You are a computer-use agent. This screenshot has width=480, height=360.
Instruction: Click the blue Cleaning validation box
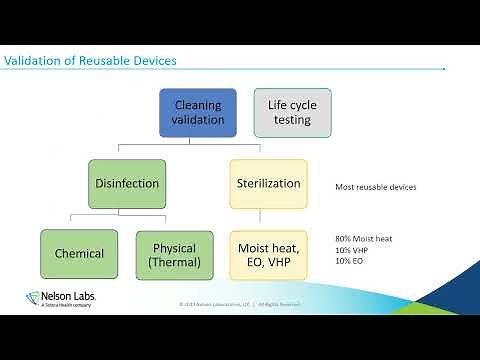(198, 113)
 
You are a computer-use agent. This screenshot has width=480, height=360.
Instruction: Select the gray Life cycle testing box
(292, 113)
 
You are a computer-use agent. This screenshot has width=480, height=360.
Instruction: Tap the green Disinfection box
(126, 183)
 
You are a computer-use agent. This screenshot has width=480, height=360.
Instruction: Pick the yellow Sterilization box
(268, 183)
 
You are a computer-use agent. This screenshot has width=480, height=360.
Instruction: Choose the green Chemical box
(78, 254)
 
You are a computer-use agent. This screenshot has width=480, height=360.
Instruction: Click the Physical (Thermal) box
(174, 254)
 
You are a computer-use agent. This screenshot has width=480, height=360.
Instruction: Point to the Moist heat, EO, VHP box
(268, 254)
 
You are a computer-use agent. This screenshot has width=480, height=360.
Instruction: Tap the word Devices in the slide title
(153, 61)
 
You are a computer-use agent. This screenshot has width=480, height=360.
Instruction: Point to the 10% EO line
(350, 260)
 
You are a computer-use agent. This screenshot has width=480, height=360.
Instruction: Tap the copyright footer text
(239, 304)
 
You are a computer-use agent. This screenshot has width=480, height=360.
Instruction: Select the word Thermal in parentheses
(175, 262)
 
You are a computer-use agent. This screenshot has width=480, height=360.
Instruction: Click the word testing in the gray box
(292, 121)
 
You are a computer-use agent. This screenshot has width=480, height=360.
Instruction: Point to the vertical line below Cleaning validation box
(198, 143)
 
